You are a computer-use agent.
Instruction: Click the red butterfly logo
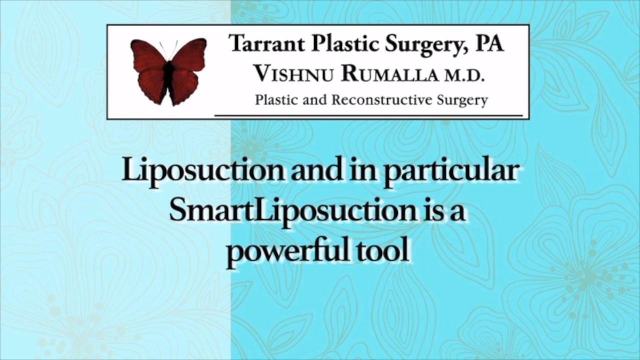(168, 72)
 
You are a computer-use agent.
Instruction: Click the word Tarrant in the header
(266, 44)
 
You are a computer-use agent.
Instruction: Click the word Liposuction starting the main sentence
(203, 171)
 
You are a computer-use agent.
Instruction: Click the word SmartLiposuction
(293, 212)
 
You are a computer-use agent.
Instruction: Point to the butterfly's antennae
(168, 50)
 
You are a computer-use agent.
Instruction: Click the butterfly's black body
(169, 77)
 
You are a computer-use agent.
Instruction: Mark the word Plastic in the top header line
(344, 43)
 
